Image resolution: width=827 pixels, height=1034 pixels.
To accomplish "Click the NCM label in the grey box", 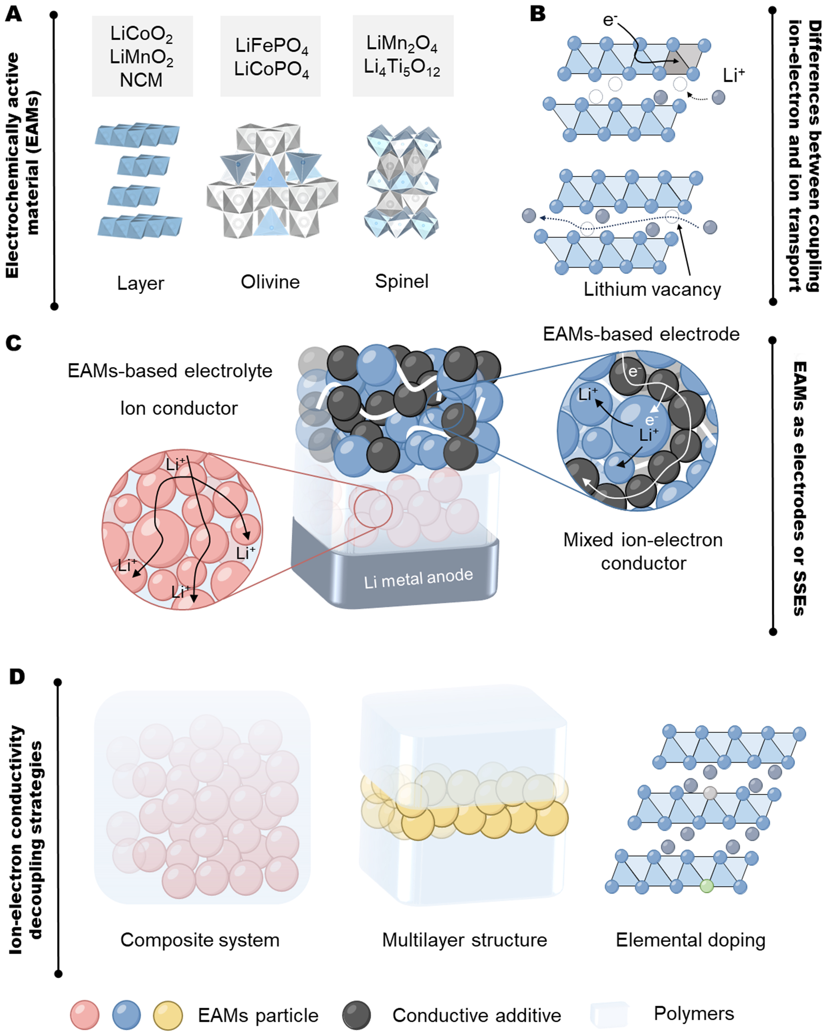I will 141,80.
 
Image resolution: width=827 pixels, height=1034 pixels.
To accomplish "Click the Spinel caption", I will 402,281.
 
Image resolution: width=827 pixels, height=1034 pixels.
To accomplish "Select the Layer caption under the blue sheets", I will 141,283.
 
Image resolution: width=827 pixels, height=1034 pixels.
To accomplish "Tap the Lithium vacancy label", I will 652,289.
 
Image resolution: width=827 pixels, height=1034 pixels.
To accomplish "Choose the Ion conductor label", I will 179,408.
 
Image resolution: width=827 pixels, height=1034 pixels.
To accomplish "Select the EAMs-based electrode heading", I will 641,334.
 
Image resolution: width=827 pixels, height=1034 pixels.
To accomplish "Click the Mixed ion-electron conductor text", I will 643,551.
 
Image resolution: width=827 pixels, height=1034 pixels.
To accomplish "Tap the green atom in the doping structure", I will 707,886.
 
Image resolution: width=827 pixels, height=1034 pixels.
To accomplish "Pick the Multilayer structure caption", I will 464,940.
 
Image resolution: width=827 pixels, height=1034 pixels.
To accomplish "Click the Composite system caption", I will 200,940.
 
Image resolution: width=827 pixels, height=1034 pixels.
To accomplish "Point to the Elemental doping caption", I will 690,940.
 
